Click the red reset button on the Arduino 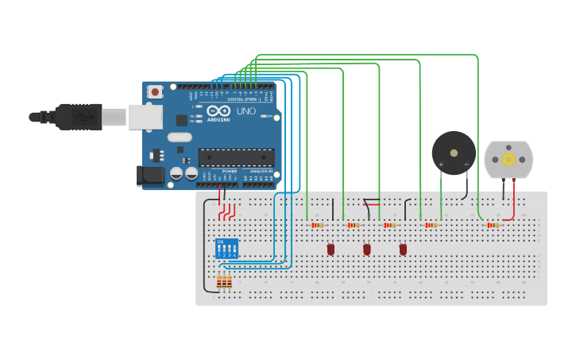(x=154, y=91)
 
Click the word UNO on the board (x=246, y=111)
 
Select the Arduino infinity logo (x=219, y=111)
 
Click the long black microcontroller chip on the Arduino (x=236, y=157)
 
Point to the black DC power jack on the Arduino (x=149, y=176)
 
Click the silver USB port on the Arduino (x=145, y=117)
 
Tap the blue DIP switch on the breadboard (x=226, y=248)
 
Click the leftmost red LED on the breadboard (x=331, y=250)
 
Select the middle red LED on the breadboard (x=367, y=250)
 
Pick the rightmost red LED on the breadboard (x=403, y=250)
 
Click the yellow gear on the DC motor (x=508, y=159)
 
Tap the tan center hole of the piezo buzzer (x=454, y=153)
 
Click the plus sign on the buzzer (x=441, y=165)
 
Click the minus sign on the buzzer (x=466, y=165)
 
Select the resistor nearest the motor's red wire (x=493, y=225)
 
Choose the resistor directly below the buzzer (x=431, y=225)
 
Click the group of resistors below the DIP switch (x=225, y=282)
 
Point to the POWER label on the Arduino (x=230, y=171)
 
